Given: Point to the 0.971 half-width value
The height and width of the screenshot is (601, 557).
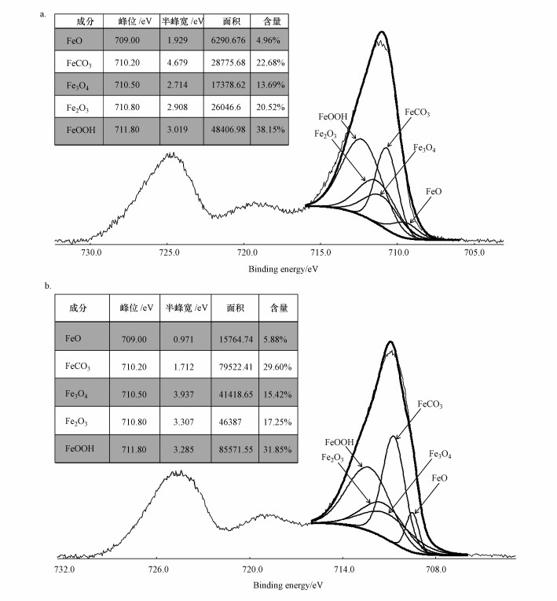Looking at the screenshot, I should pos(185,337).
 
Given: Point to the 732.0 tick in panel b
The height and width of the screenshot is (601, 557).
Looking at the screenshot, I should pos(64,568).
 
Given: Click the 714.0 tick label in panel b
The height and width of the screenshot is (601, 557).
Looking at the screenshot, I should pos(343,568).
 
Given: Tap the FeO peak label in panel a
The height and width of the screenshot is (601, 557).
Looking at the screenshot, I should pos(433,191).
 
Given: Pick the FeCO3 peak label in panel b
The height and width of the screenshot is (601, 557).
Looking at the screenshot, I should pos(429,405).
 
